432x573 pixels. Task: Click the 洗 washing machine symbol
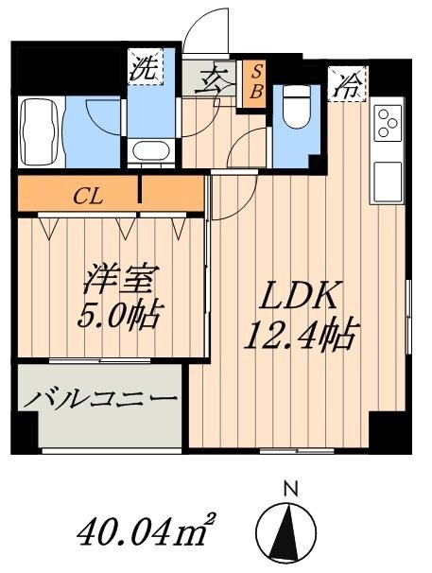point(146,68)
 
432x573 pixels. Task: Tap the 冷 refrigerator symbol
point(347,86)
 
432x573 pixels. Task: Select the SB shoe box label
point(255,83)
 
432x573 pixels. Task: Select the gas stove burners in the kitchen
point(388,124)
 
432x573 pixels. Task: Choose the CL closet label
point(90,197)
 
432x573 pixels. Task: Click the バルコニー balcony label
point(101,401)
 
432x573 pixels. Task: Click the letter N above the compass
point(291,488)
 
